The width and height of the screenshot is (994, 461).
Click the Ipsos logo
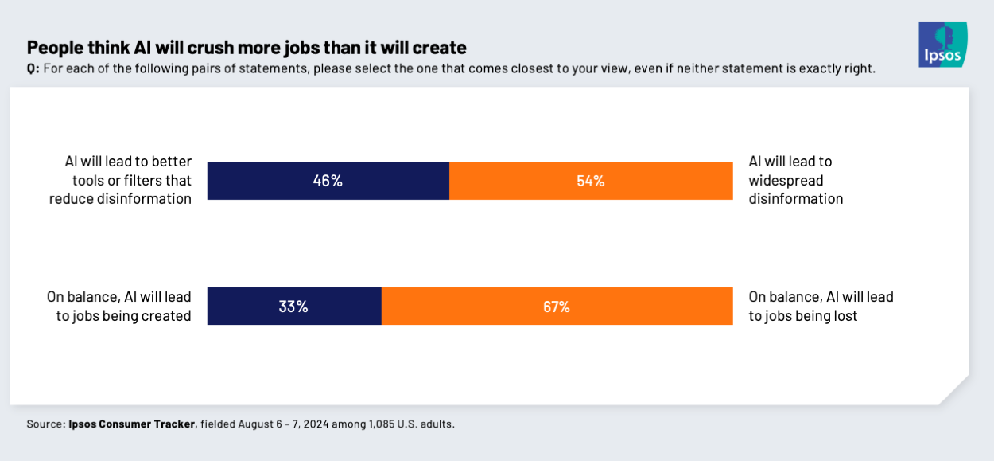tap(942, 45)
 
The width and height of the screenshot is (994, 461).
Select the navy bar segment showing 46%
tap(328, 181)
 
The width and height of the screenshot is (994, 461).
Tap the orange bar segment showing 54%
tap(591, 181)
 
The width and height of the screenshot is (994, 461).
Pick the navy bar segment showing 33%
tap(294, 307)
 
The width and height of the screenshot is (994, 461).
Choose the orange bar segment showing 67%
tap(557, 307)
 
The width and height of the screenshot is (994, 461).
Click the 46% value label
tap(328, 181)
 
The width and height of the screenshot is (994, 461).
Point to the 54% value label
tap(591, 181)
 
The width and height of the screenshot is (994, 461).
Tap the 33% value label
tap(293, 307)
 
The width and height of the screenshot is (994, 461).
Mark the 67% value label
tap(557, 307)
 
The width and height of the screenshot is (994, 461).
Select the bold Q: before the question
tap(33, 69)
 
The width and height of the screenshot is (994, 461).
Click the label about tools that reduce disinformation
tap(120, 180)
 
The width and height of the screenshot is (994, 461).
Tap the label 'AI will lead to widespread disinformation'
tap(796, 180)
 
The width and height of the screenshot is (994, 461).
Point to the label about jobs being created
tap(118, 307)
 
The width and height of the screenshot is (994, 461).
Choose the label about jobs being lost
tap(821, 307)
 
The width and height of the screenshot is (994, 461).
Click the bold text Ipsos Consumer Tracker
tap(131, 424)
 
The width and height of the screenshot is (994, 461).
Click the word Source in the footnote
tap(45, 424)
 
